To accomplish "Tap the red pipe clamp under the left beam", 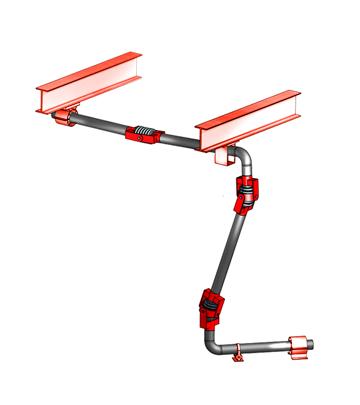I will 64,117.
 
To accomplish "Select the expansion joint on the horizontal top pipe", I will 144,134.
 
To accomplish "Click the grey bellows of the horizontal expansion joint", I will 146,132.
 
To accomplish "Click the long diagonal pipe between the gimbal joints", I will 228,250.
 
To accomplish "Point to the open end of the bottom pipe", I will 312,344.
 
